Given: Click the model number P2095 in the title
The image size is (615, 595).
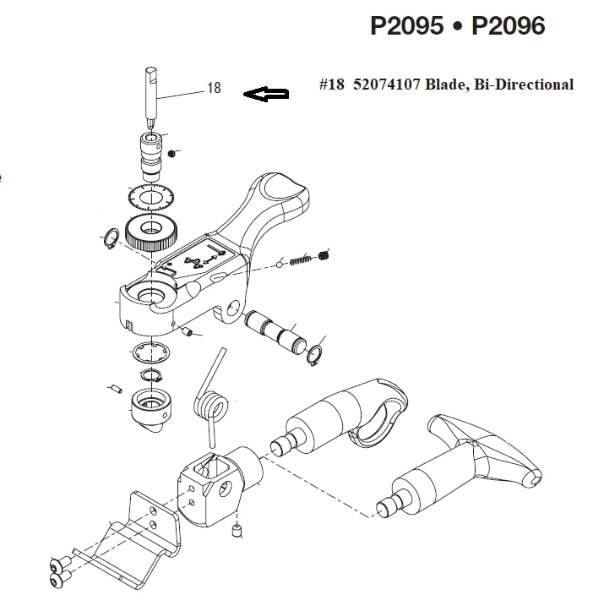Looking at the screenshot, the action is coord(406,26).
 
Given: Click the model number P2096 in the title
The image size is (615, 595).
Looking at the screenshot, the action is coord(508,26).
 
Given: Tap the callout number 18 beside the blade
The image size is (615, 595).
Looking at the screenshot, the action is coord(214,88).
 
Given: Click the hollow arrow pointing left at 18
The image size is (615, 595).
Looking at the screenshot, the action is coord(266,94).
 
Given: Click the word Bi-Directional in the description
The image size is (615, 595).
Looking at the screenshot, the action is coord(524,85).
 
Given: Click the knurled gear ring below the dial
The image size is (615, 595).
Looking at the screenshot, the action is coord(151,233).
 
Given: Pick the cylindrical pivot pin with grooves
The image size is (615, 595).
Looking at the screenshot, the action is coord(275,330).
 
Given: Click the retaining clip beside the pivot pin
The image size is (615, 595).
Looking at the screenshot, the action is coord(315,355).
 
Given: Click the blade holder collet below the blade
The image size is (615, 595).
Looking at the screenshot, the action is coord(151,157).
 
